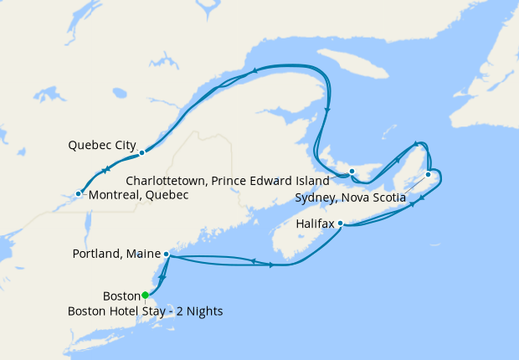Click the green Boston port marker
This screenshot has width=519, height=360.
(x=146, y=295)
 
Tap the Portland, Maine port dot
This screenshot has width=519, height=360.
(x=167, y=254)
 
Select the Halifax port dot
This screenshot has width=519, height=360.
(x=340, y=224)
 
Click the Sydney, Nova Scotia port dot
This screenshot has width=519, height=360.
(x=428, y=174)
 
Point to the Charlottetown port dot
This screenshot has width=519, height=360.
(x=352, y=172)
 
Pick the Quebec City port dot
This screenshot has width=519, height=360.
(x=142, y=152)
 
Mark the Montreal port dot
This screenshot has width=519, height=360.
(x=78, y=194)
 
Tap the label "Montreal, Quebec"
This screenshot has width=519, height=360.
(x=138, y=195)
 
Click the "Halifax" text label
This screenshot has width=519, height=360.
(x=315, y=224)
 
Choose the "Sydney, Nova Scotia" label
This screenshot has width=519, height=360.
(x=351, y=198)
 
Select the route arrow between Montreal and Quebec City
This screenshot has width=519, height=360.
(x=106, y=170)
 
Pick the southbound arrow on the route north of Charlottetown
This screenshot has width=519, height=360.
(x=326, y=110)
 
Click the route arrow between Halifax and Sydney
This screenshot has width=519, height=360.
(x=412, y=203)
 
